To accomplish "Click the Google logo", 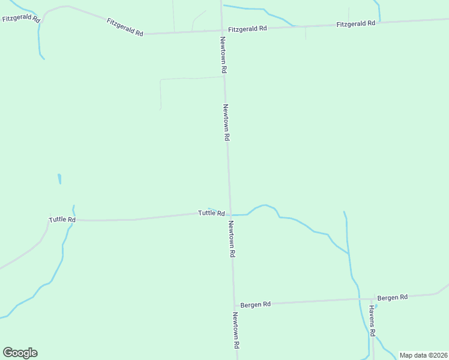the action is pyautogui.click(x=20, y=353).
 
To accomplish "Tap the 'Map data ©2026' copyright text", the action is pyautogui.click(x=423, y=355).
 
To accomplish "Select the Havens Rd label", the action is pyautogui.click(x=372, y=321).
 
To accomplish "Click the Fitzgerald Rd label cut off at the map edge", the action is pyautogui.click(x=21, y=18).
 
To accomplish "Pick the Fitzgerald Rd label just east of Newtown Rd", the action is pyautogui.click(x=247, y=28).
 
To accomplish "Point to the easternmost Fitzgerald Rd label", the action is pyautogui.click(x=356, y=23).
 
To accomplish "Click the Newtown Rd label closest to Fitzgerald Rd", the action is pyautogui.click(x=223, y=55).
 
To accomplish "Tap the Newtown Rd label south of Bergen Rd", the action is pyautogui.click(x=237, y=331).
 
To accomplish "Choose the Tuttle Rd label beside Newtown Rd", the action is pyautogui.click(x=211, y=213).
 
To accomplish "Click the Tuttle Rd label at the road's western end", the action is pyautogui.click(x=62, y=220).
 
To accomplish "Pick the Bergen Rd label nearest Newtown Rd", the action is pyautogui.click(x=256, y=304).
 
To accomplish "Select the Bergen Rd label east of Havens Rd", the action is pyautogui.click(x=393, y=297).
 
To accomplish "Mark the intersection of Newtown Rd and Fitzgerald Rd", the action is pyautogui.click(x=223, y=31).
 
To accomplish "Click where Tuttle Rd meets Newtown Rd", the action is pyautogui.click(x=229, y=214).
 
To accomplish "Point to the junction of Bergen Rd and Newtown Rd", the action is pyautogui.click(x=234, y=305).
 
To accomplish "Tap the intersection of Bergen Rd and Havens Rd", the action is pyautogui.click(x=372, y=298).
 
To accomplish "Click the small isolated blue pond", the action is pyautogui.click(x=59, y=179).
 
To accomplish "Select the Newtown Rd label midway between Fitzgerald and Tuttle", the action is pyautogui.click(x=226, y=122).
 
